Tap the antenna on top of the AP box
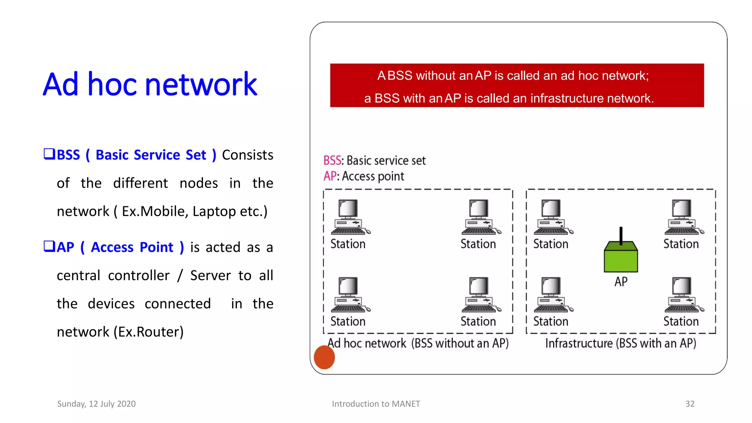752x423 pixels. click(x=621, y=235)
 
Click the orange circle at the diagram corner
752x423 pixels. click(x=324, y=357)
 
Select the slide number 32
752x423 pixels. click(x=690, y=404)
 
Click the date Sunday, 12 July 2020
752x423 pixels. click(x=96, y=404)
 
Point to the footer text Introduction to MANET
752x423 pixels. click(x=376, y=404)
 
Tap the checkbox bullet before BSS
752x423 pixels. click(x=49, y=154)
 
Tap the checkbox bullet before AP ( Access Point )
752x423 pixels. click(x=49, y=246)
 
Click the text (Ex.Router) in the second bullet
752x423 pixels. click(x=148, y=332)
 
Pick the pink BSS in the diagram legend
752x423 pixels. click(x=332, y=160)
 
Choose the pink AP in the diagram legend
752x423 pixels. click(x=330, y=176)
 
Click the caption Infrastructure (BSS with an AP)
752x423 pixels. click(x=621, y=343)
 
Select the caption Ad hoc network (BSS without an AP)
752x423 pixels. click(x=418, y=343)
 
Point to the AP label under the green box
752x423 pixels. click(x=621, y=282)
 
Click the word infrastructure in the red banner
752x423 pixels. click(x=567, y=98)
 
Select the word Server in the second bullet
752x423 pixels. click(x=210, y=276)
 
